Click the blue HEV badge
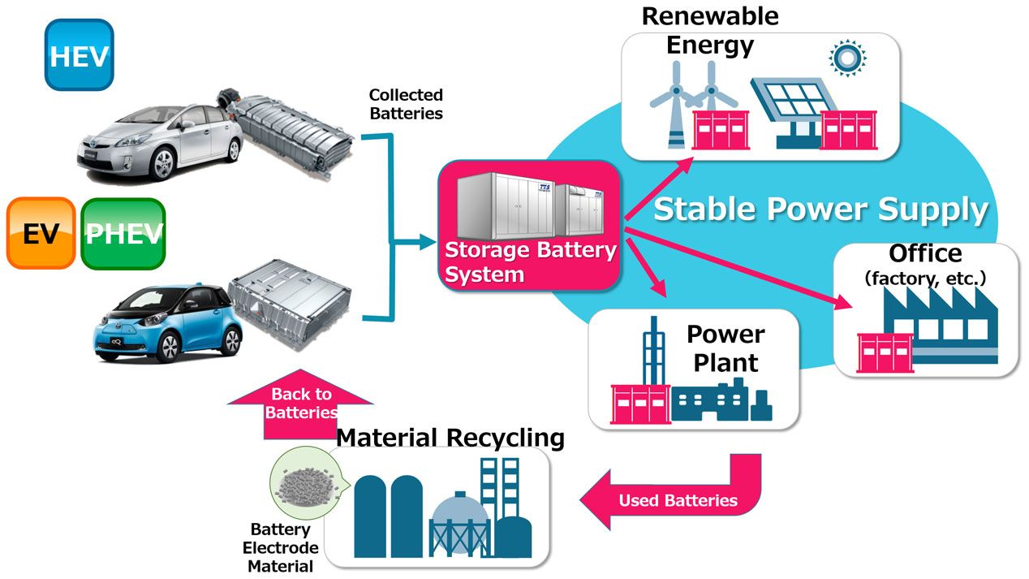coord(79,54)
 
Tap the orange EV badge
coord(41,233)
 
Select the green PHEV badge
coord(123,233)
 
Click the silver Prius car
coord(159,141)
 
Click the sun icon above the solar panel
coord(847,58)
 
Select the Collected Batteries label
coord(406,104)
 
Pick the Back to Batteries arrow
coord(301,404)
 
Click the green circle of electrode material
coord(305,482)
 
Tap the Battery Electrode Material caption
coord(280,548)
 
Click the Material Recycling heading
coord(450,437)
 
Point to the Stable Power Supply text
coord(820,210)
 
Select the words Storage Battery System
coord(530,262)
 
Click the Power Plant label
coord(725,348)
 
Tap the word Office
coord(925,253)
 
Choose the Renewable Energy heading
coord(710,31)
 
